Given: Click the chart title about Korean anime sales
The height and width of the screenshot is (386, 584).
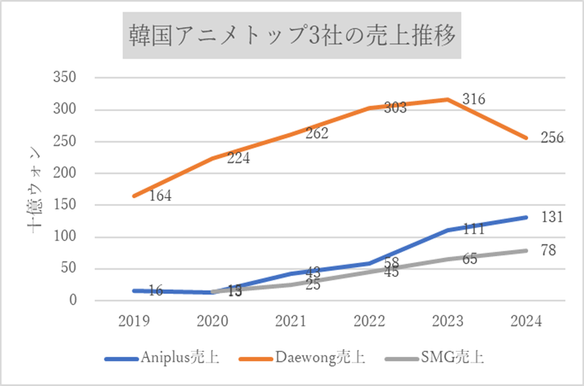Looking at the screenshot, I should [291, 34].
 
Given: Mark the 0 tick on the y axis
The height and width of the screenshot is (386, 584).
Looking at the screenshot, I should [74, 301].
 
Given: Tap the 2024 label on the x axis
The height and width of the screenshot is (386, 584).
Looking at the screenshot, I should [525, 321].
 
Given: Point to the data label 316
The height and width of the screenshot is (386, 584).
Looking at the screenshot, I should [474, 100].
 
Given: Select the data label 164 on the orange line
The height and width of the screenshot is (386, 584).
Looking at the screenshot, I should [159, 196].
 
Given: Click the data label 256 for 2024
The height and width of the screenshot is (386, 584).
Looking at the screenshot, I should [552, 138].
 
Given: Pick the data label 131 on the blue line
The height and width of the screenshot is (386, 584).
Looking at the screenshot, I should [551, 217].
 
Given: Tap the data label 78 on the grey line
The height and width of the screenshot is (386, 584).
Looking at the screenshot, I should [548, 250].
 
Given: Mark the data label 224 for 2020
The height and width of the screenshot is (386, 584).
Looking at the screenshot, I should [239, 159].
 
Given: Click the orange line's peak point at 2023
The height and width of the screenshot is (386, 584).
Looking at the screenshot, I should [447, 99].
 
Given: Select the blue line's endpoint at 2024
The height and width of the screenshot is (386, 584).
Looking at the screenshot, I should [526, 217].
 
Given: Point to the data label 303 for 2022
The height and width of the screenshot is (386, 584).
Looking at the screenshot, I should [395, 108].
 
